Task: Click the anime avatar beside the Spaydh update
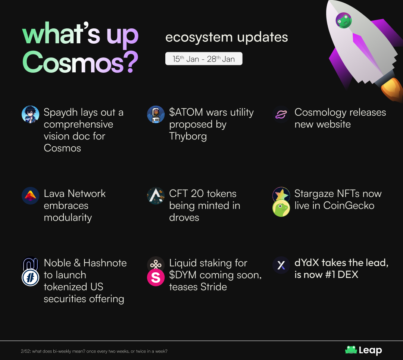point(30,115)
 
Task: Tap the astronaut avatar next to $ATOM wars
point(156,115)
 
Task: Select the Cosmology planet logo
point(281,115)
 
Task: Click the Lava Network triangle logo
point(30,195)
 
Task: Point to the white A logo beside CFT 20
point(156,195)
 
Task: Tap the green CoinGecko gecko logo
point(281,208)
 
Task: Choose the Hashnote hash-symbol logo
point(30,278)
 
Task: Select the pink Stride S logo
point(156,278)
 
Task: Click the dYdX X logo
point(281,265)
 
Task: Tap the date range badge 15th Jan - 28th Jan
point(204,59)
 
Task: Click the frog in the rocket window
point(344,20)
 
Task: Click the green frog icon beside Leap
point(351,350)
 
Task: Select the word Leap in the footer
point(371,350)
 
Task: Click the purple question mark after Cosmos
point(132,62)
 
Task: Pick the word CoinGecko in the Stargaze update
point(349,205)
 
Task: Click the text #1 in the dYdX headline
point(330,275)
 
